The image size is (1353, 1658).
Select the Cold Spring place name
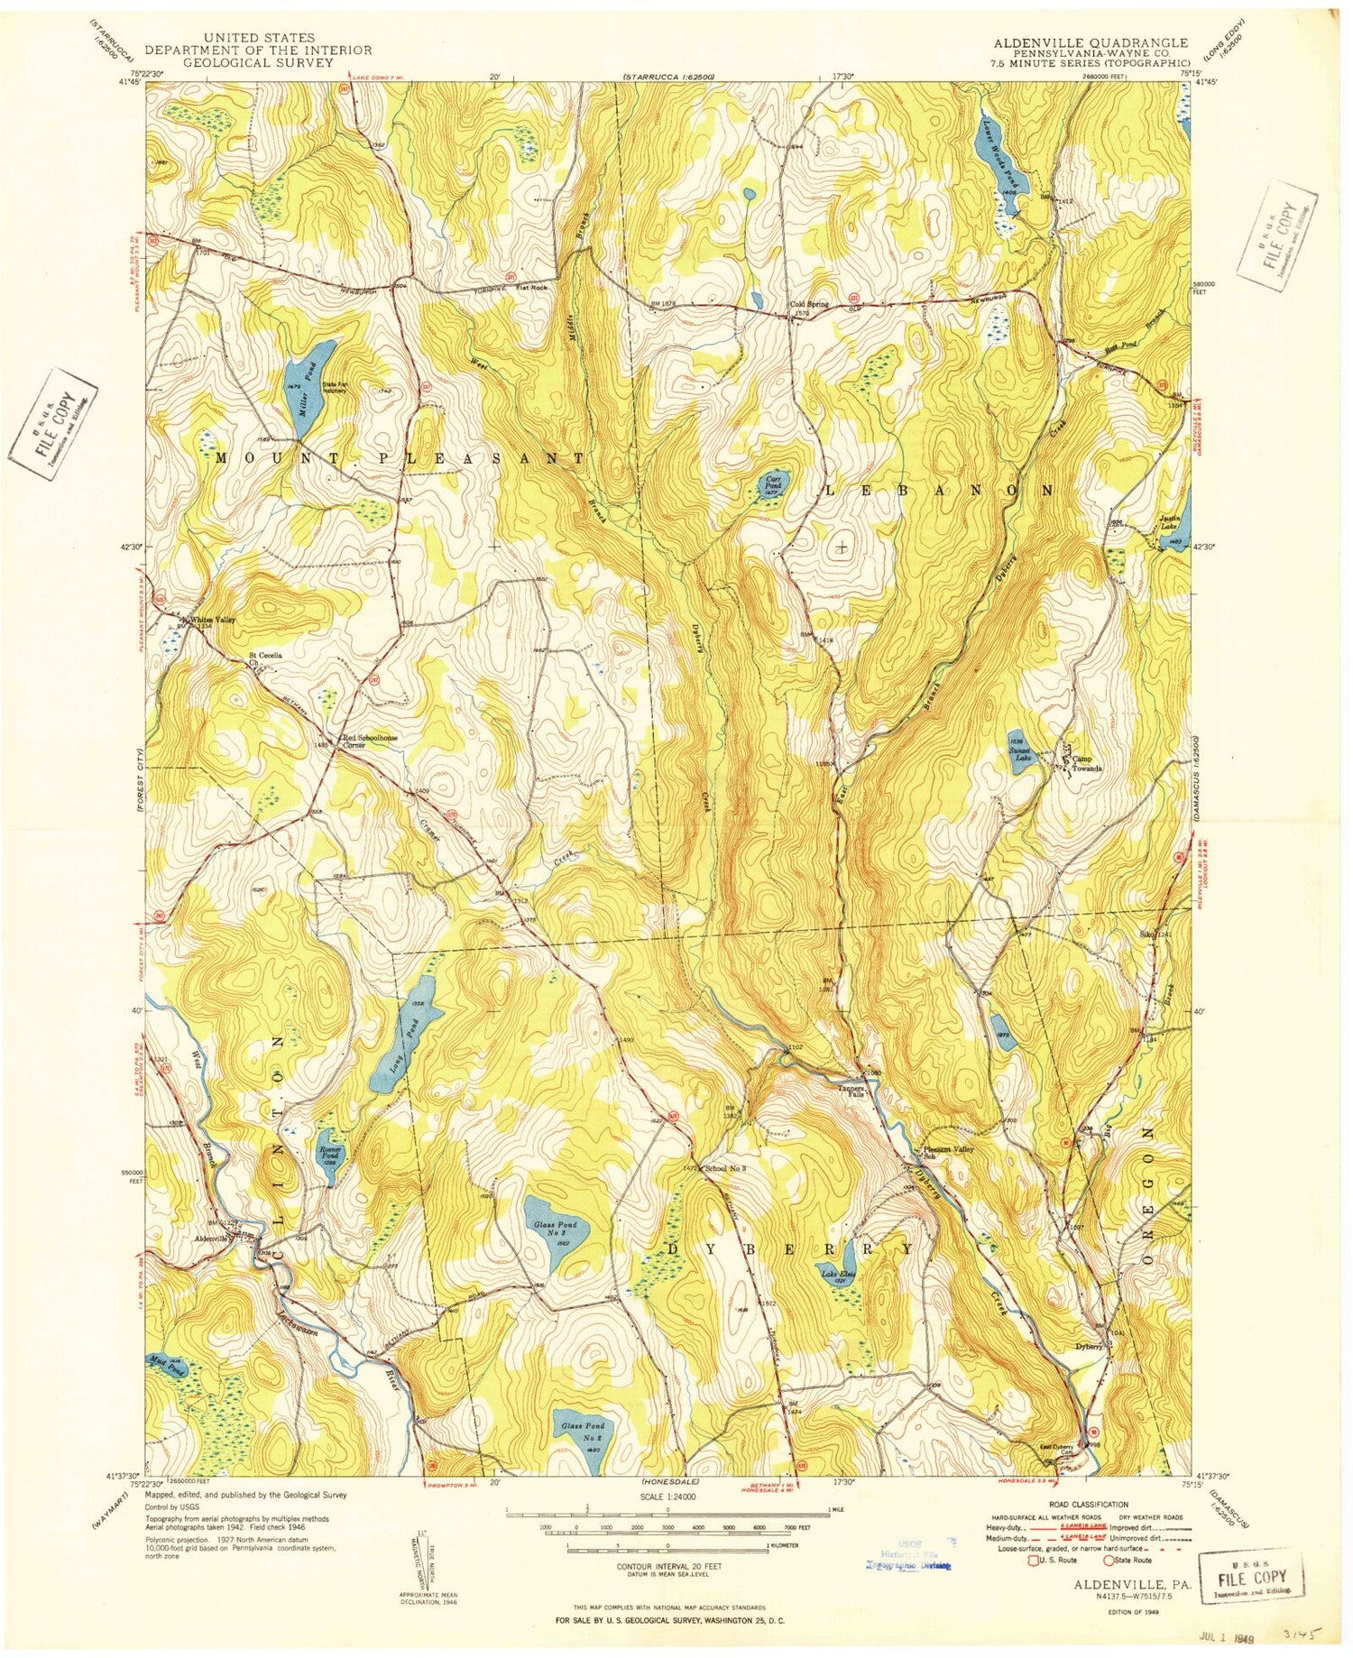pos(808,304)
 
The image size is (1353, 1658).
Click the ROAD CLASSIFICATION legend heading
pos(1088,1505)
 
